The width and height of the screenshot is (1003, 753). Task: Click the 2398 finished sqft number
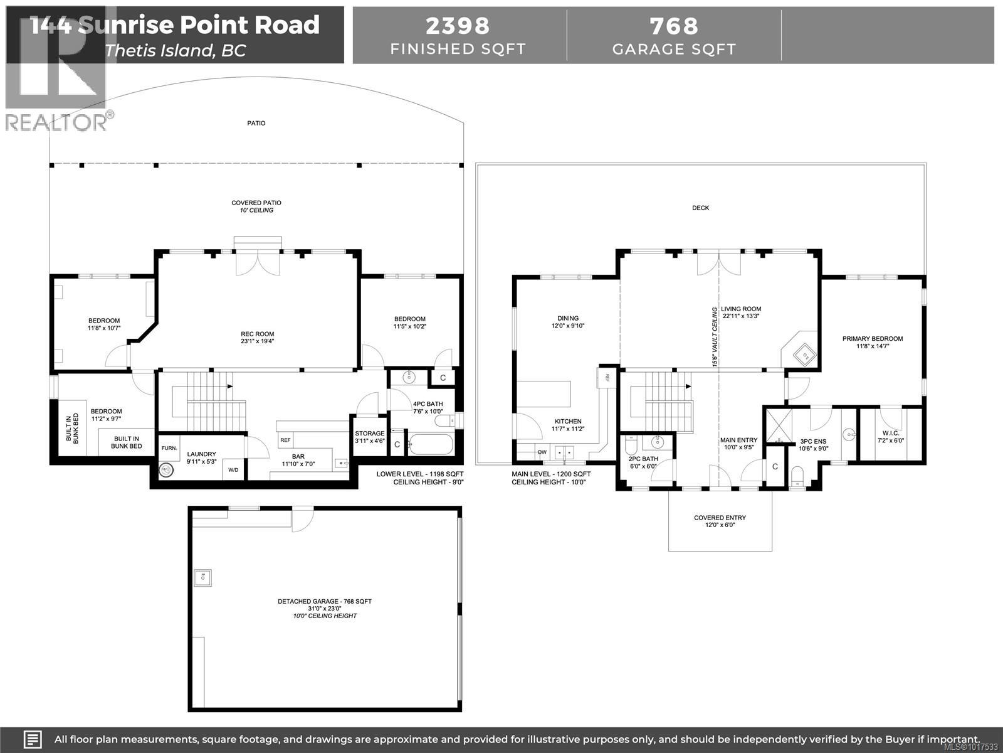click(458, 26)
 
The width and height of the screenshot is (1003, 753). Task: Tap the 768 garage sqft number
click(674, 26)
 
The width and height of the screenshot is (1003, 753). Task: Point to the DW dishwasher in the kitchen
click(542, 452)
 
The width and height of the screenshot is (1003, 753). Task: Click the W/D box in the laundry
click(233, 469)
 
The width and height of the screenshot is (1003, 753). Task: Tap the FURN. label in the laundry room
click(169, 448)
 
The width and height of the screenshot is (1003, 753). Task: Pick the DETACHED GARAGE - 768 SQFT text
click(325, 601)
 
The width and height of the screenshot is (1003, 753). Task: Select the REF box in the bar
click(285, 440)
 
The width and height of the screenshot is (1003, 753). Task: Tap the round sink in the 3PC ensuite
click(848, 433)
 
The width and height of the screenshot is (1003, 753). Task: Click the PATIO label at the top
click(256, 123)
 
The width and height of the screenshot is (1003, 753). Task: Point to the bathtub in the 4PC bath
click(431, 445)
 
